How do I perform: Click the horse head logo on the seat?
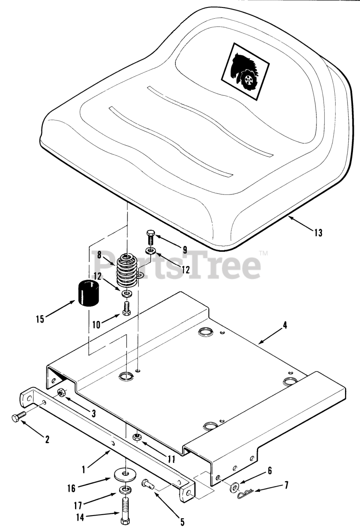click(245, 72)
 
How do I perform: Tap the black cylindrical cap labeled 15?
click(89, 293)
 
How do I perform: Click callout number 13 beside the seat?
click(318, 233)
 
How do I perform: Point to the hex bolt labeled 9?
click(150, 237)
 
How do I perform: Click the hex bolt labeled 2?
click(19, 417)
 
